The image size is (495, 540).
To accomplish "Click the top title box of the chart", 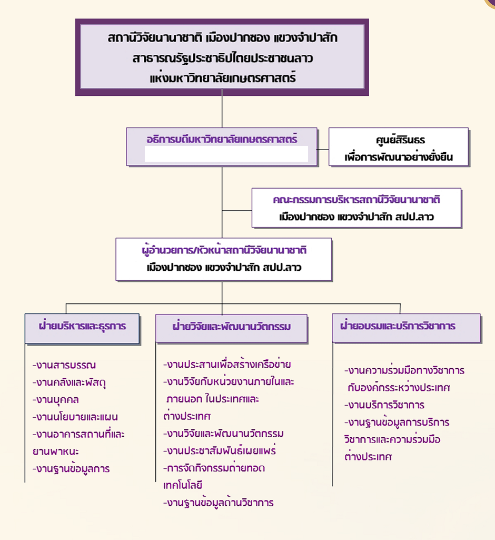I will (x=222, y=56).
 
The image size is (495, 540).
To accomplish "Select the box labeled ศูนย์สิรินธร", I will (x=399, y=147).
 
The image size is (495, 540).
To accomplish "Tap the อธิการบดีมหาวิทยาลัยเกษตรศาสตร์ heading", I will (x=222, y=140).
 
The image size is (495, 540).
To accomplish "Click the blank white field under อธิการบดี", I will (x=226, y=154).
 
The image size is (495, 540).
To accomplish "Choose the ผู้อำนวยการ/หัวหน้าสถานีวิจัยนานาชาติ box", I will (x=224, y=259).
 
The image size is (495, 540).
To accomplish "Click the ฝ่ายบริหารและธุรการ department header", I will (x=82, y=326).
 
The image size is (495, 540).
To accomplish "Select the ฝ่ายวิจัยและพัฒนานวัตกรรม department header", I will (x=232, y=327).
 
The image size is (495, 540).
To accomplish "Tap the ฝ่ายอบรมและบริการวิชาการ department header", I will (x=398, y=326).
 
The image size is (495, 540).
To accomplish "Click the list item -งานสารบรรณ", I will (x=64, y=365).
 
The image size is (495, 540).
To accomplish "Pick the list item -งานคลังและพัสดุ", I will (x=73, y=382).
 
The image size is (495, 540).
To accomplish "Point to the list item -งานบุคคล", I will (x=56, y=399).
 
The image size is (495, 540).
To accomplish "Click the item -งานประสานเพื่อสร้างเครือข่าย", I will (x=227, y=365).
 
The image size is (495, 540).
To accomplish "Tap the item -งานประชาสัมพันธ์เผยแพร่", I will (x=220, y=451).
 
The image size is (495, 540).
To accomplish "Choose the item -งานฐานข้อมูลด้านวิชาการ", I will (x=218, y=503).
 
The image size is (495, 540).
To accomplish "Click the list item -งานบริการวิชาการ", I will (x=384, y=405).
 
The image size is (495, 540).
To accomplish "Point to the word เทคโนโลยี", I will (x=183, y=485).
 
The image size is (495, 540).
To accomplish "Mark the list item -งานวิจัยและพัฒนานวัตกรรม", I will (x=224, y=434).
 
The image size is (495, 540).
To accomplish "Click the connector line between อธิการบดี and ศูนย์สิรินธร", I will (x=323, y=149).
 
